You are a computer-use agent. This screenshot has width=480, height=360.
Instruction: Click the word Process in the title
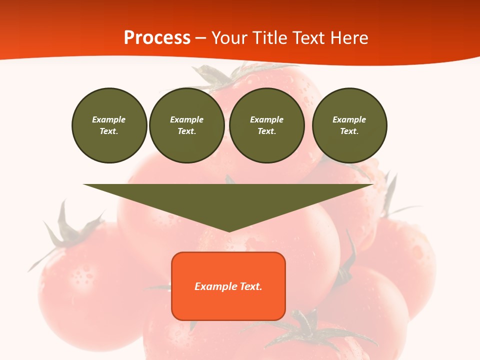tap(157, 38)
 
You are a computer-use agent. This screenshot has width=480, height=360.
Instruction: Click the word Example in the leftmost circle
tap(109, 119)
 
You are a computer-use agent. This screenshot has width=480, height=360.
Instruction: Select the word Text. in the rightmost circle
tap(349, 131)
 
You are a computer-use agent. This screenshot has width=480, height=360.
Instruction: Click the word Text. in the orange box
tap(251, 286)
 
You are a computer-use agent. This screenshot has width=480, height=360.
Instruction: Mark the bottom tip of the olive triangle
tap(229, 231)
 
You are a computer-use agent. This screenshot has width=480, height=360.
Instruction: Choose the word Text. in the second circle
tap(187, 131)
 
